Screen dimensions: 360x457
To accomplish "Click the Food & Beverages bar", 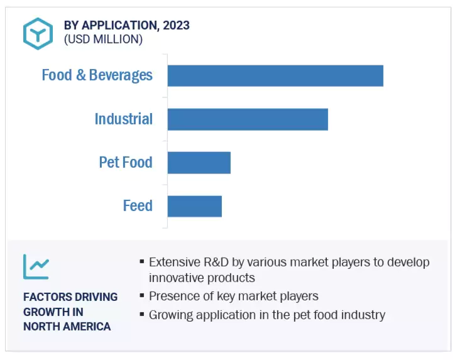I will point(275,76).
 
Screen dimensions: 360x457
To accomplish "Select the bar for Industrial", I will point(248,119).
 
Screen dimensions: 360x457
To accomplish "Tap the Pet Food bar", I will point(199,163).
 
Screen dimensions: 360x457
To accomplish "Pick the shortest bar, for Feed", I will point(194,206).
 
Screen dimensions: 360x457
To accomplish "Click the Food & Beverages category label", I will point(97,75).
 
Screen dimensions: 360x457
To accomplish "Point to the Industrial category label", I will point(123,119).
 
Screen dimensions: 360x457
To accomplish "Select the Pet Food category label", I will point(126,162).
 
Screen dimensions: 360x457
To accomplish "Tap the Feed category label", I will point(138,205).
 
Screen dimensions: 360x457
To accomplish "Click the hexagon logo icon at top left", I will point(38,34).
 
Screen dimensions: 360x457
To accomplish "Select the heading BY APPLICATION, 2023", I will point(126,25).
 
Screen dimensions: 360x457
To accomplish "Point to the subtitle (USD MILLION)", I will point(103,40).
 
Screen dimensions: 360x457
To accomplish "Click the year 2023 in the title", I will point(176,25).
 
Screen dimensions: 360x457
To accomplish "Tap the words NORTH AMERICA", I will point(67,326).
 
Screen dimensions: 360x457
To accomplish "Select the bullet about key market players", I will point(233,296).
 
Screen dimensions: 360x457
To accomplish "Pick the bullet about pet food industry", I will point(267,315).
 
